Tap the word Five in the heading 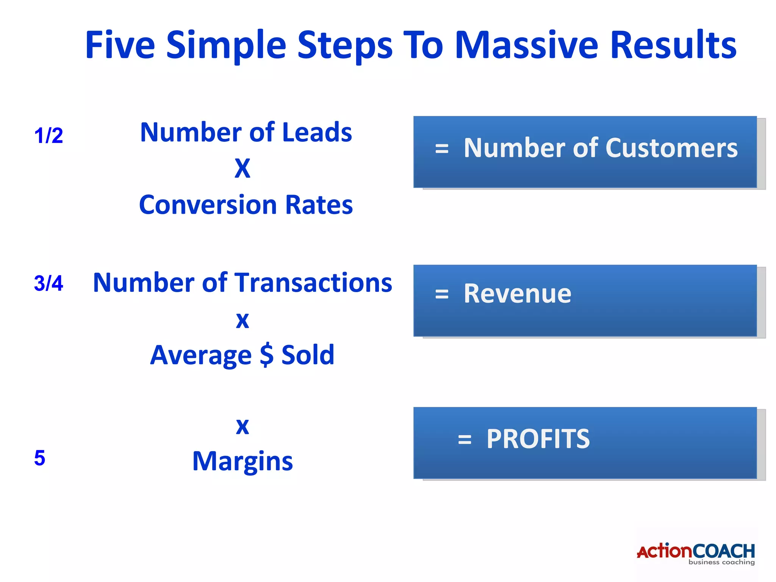click(120, 45)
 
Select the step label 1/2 click(48, 135)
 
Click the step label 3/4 click(48, 283)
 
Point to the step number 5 click(40, 458)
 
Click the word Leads click(317, 132)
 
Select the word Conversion click(208, 205)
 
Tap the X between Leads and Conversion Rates click(242, 168)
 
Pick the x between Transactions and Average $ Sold click(242, 321)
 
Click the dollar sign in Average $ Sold click(266, 355)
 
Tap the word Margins click(242, 461)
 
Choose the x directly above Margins click(242, 427)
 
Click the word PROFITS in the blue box click(538, 439)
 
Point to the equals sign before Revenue click(442, 294)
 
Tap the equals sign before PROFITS click(465, 440)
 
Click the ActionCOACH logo click(696, 554)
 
